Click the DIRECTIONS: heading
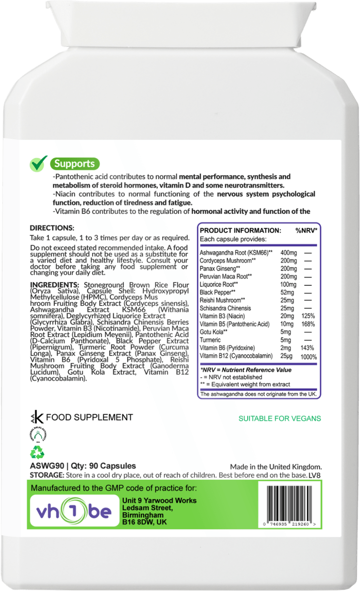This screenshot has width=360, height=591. click(52, 228)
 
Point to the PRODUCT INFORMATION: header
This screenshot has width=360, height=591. click(240, 230)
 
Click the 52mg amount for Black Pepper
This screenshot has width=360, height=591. click(286, 293)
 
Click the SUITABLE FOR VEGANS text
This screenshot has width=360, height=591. click(280, 419)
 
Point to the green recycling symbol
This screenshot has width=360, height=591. click(37, 452)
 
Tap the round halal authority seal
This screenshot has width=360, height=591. click(37, 435)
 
